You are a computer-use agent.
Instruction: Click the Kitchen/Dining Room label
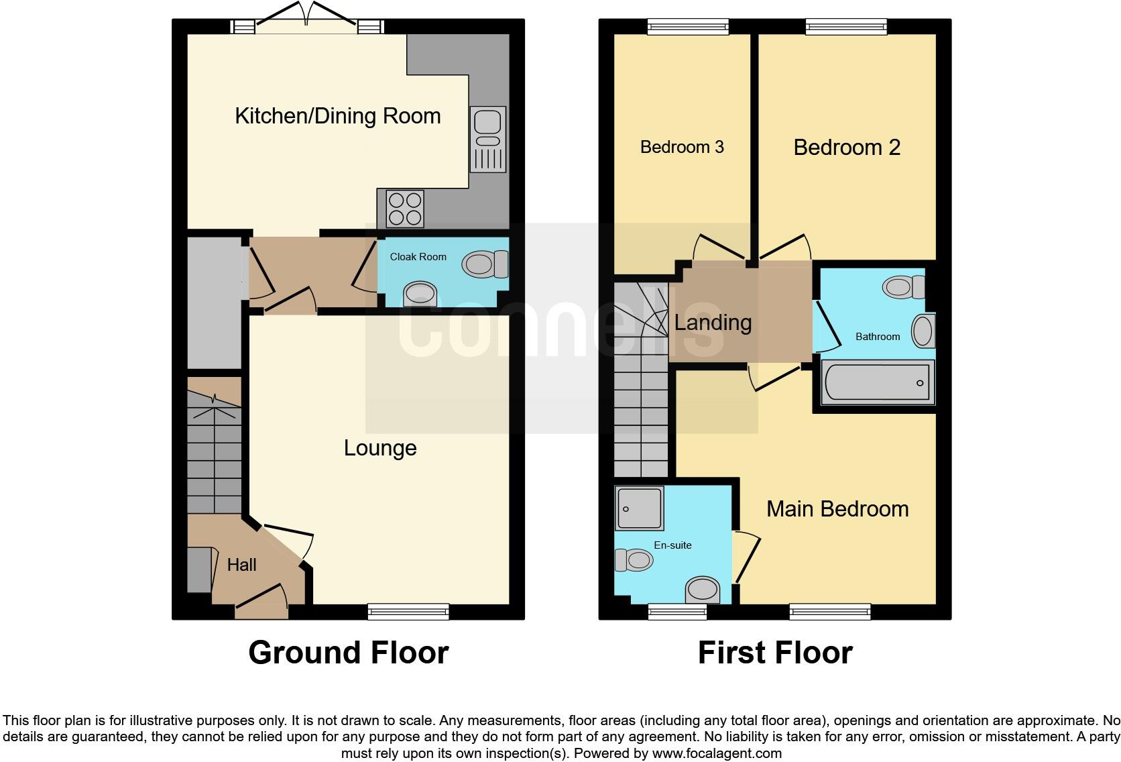pyautogui.click(x=337, y=116)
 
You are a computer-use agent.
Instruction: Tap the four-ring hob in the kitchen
pyautogui.click(x=405, y=209)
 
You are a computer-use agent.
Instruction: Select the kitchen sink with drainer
pyautogui.click(x=487, y=139)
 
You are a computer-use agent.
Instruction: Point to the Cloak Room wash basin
pyautogui.click(x=420, y=295)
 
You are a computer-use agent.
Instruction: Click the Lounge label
pyautogui.click(x=379, y=448)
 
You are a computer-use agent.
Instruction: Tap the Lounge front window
pyautogui.click(x=408, y=611)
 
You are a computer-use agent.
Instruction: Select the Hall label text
pyautogui.click(x=241, y=565)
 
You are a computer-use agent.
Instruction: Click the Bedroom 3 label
pyautogui.click(x=681, y=147)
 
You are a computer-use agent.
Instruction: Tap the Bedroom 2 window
pyautogui.click(x=846, y=27)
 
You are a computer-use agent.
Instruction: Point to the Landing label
pyautogui.click(x=712, y=323)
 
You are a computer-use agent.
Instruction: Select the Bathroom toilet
pyautogui.click(x=902, y=287)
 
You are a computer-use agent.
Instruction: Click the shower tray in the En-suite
pyautogui.click(x=639, y=508)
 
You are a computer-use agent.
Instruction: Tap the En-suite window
pyautogui.click(x=677, y=611)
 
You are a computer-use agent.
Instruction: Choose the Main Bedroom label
pyautogui.click(x=837, y=509)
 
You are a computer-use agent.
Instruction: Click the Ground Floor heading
pyautogui.click(x=348, y=653)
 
